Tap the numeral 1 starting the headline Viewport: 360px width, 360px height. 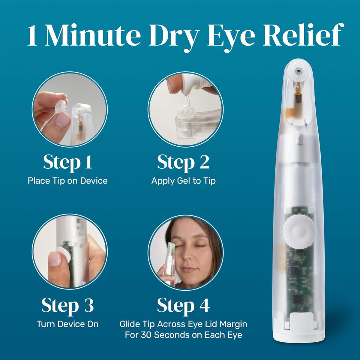pyautogui.click(x=33, y=36)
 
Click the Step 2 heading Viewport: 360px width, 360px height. pyautogui.click(x=183, y=162)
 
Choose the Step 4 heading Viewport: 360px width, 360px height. pyautogui.click(x=183, y=305)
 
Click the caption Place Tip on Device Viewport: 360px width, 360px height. pyautogui.click(x=67, y=181)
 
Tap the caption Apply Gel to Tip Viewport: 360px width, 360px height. pyautogui.click(x=183, y=181)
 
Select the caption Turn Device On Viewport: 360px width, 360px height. pyautogui.click(x=67, y=324)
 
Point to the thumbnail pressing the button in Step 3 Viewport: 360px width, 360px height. pyautogui.click(x=55, y=259)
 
